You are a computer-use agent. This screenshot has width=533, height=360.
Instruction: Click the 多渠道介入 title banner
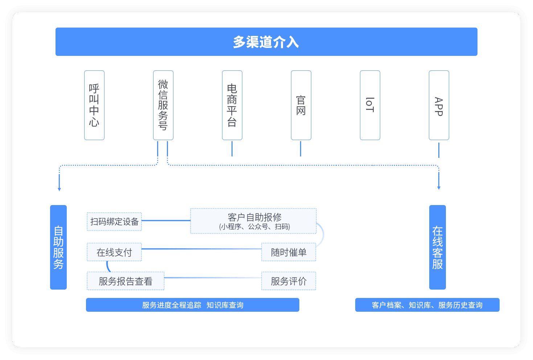click(x=266, y=42)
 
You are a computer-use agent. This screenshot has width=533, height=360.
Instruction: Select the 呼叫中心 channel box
click(x=94, y=105)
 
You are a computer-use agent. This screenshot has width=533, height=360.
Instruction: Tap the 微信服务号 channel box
click(x=163, y=105)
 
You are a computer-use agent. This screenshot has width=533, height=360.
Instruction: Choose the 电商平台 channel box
click(x=232, y=105)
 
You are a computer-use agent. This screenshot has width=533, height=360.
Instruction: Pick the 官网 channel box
click(x=301, y=105)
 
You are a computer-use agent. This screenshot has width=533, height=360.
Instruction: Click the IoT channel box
click(x=370, y=105)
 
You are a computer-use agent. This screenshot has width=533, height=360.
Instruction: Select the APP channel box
click(x=439, y=105)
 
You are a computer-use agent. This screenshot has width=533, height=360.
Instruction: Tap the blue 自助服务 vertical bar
click(x=58, y=247)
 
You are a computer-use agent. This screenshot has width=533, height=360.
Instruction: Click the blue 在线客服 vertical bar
click(x=438, y=247)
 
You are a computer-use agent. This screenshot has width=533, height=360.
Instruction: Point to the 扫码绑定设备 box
click(x=114, y=222)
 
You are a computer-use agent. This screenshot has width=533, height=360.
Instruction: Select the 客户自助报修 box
click(x=254, y=221)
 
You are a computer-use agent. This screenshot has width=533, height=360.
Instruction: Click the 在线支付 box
click(x=114, y=252)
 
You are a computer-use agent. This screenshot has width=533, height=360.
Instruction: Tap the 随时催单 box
click(x=289, y=252)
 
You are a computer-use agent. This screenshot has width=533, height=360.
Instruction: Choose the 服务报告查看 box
click(x=126, y=281)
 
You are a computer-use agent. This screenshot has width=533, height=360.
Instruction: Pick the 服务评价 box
click(x=289, y=281)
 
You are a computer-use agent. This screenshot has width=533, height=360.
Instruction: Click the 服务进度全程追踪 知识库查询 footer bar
click(x=193, y=305)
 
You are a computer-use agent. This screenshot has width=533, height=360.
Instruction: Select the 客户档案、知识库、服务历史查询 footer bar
click(x=427, y=305)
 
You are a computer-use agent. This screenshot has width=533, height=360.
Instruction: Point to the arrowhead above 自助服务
click(x=60, y=189)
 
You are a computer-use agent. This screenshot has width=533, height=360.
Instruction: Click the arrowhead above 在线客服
click(x=439, y=188)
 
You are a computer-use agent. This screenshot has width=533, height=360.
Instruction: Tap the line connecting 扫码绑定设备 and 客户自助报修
click(x=166, y=221)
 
